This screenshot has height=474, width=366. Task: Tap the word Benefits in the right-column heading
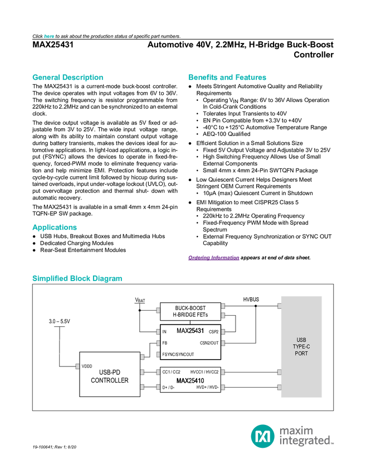(x=201, y=78)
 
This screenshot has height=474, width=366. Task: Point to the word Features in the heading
(x=251, y=78)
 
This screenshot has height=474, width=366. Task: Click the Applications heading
(x=54, y=228)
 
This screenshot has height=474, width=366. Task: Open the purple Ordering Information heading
(x=213, y=258)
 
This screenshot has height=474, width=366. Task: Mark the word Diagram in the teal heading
(x=109, y=278)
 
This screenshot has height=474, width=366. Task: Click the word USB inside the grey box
(x=301, y=340)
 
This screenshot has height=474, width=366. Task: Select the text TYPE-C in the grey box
(x=301, y=347)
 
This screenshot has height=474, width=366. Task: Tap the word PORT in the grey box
(x=301, y=354)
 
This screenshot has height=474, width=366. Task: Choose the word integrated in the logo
(x=305, y=442)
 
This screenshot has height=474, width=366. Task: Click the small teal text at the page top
(x=49, y=36)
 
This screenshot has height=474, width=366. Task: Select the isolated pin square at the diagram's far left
(x=77, y=366)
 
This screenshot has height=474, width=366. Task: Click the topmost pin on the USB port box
(x=279, y=306)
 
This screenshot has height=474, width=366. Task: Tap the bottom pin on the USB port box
(x=279, y=387)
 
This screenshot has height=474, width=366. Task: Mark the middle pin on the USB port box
(x=279, y=371)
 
